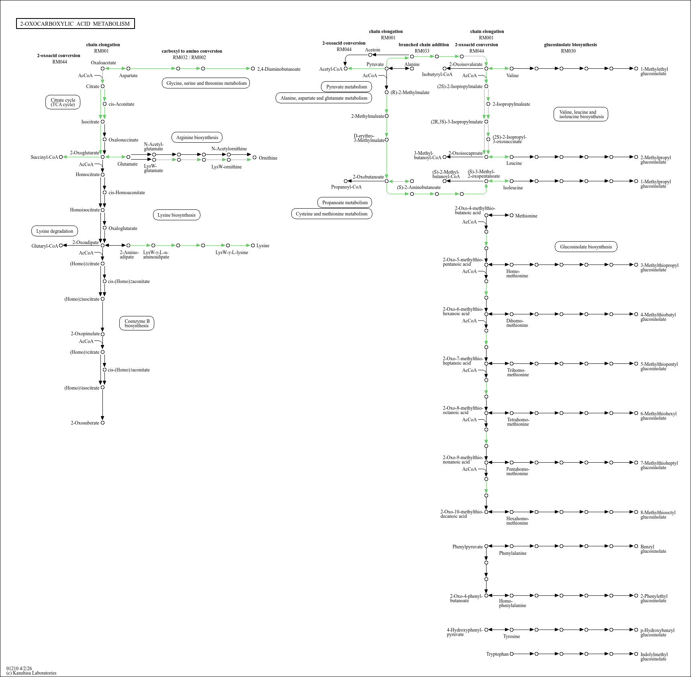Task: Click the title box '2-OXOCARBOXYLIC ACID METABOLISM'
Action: point(75,24)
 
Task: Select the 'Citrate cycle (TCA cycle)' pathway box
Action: point(63,103)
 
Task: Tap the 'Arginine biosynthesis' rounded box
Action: point(197,137)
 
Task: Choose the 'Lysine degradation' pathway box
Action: point(55,231)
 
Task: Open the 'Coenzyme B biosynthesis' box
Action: point(137,323)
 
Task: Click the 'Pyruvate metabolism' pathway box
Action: point(346,87)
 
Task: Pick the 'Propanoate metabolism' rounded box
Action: point(345,203)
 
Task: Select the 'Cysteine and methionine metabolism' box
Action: point(331,214)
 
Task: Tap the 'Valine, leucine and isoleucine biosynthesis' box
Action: point(581,115)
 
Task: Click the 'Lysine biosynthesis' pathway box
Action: point(176,215)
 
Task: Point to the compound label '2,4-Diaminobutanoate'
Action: point(279,69)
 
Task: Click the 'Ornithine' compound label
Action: point(268,158)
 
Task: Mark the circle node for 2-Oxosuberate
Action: point(102,423)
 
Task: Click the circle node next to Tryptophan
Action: point(511,654)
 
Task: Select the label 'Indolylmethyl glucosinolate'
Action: point(654,656)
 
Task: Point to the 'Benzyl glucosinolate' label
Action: point(653,549)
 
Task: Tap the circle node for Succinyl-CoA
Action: point(61,157)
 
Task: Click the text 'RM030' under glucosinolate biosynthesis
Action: point(568,51)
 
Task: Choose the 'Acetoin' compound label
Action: point(372,50)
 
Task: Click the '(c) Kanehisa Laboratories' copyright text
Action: point(31,673)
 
